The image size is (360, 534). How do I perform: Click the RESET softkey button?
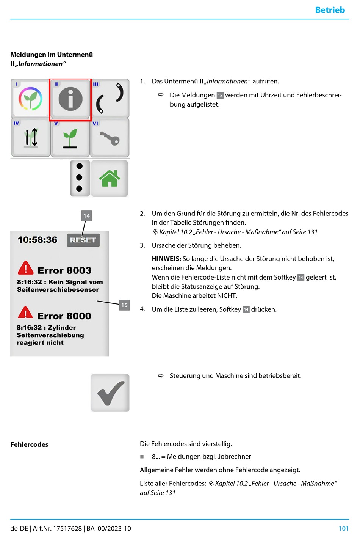[83, 240]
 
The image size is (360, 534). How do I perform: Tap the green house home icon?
[110, 178]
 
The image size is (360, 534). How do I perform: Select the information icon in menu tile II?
[70, 99]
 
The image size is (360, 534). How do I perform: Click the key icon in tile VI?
[110, 138]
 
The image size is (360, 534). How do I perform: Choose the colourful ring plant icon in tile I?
[31, 99]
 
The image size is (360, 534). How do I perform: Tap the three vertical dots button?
[80, 177]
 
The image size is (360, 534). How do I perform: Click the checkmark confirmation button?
[110, 393]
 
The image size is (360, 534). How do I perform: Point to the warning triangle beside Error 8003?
[25, 268]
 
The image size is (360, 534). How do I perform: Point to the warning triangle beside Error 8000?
[25, 313]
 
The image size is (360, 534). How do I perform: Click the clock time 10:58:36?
[38, 240]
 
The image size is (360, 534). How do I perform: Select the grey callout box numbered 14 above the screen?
[86, 216]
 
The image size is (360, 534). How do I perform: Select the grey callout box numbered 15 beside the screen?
[124, 305]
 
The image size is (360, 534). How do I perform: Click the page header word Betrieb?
[330, 10]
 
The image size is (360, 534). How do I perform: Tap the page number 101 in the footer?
[343, 528]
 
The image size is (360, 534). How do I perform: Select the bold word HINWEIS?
[166, 259]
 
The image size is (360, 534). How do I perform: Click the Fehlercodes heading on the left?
[29, 444]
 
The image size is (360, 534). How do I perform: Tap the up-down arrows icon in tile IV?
[31, 138]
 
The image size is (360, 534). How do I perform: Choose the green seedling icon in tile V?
[70, 138]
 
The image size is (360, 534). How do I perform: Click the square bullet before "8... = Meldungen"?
[142, 457]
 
